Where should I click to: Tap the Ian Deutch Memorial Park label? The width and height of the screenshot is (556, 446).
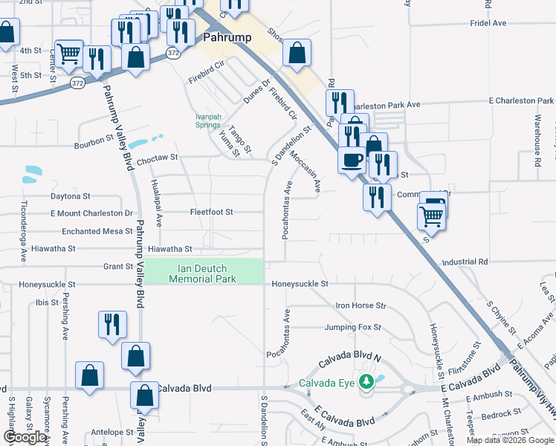[x=202, y=274]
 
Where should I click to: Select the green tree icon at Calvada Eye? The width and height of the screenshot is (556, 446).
[x=365, y=382]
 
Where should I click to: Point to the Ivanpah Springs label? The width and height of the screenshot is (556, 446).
[x=207, y=121]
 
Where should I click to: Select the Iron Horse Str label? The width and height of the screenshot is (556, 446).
[x=361, y=306]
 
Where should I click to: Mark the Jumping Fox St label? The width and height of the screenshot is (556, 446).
[x=352, y=327]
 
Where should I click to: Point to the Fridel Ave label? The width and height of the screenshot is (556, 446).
[x=488, y=24]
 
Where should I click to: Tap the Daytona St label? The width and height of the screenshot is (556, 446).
[x=70, y=196]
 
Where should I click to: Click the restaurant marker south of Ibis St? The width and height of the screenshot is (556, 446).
[x=112, y=324]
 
